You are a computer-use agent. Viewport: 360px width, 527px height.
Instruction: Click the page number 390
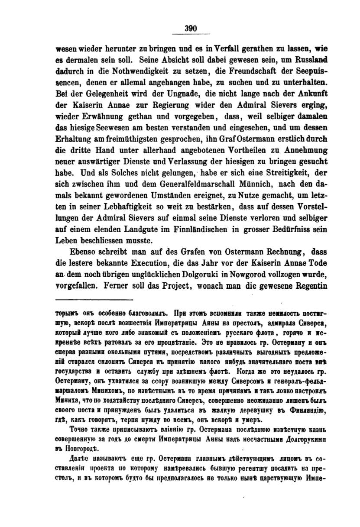coord(191,29)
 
